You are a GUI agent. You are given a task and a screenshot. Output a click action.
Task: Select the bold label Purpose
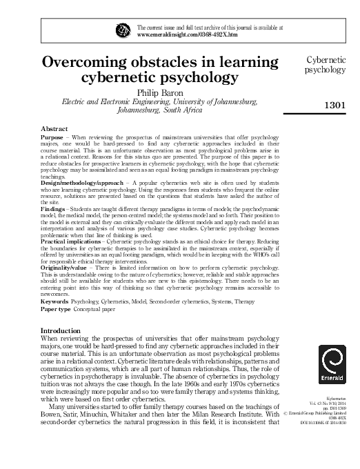click(54, 138)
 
